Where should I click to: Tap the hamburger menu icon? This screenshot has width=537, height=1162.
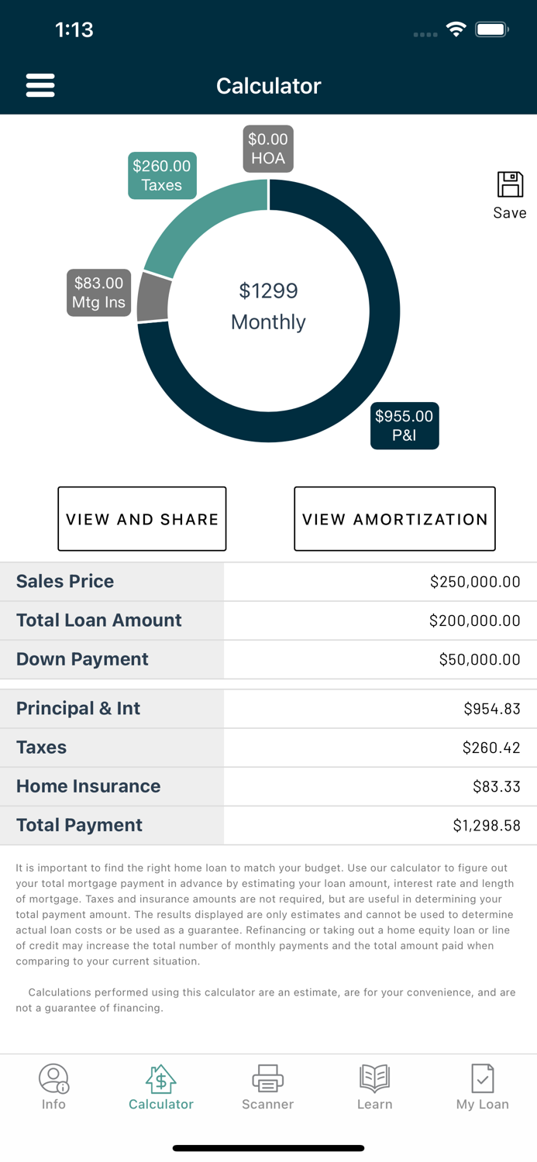coord(40,85)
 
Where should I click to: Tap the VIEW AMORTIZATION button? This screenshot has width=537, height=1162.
coord(394,519)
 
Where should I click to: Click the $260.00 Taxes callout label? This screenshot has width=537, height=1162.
coord(161,176)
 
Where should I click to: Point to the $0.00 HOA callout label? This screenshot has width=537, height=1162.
coord(268,149)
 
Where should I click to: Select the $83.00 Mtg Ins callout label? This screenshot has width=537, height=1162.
coord(98,293)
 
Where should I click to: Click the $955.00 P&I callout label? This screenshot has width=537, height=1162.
coord(404,425)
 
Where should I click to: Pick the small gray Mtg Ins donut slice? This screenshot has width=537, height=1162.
coord(153,298)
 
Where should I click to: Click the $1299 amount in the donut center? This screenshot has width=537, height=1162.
coord(268,291)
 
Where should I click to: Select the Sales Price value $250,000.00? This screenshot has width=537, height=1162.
coord(474,582)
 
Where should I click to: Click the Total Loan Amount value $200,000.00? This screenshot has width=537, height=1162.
coord(474,621)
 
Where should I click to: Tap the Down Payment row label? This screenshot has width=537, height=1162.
coord(82,659)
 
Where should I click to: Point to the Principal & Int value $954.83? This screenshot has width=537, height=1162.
coord(491,709)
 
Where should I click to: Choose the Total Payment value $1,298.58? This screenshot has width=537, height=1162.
coord(486,826)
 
